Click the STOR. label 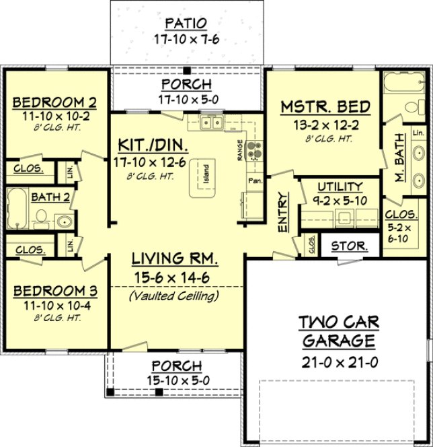click(x=350, y=246)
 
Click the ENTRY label click(x=283, y=214)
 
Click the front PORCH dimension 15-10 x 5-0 click(x=176, y=380)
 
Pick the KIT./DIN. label click(x=152, y=145)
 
